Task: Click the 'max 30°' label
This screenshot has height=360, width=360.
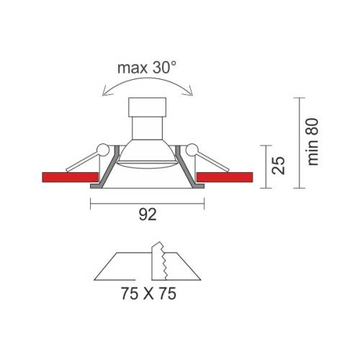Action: pyautogui.click(x=147, y=68)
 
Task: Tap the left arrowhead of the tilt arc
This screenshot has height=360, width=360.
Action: pyautogui.click(x=104, y=93)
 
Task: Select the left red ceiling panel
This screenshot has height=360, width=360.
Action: pyautogui.click(x=70, y=177)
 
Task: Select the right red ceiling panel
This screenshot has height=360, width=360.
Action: pyautogui.click(x=225, y=177)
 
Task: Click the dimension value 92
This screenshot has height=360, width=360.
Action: pyautogui.click(x=148, y=215)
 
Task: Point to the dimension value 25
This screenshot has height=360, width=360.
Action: pyautogui.click(x=278, y=165)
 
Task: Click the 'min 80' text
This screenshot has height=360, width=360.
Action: pyautogui.click(x=312, y=142)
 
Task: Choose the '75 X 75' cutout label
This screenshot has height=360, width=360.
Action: pyautogui.click(x=148, y=293)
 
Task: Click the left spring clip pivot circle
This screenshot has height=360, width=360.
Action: pyautogui.click(x=103, y=150)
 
